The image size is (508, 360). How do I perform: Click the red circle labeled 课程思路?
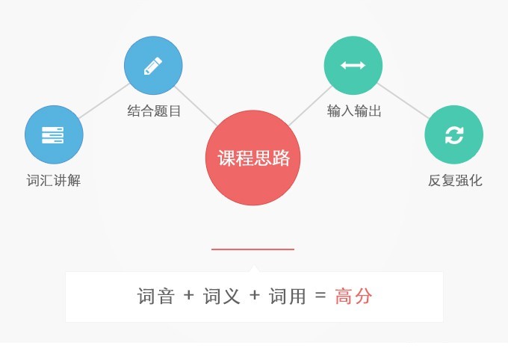(x=253, y=158)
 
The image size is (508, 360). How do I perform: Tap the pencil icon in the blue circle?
(x=153, y=66)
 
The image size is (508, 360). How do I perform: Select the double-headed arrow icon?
(x=353, y=66)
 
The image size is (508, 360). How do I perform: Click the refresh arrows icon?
(x=454, y=134)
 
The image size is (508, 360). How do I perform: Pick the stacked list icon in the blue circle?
(x=53, y=134)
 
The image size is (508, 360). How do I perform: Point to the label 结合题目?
(x=154, y=111)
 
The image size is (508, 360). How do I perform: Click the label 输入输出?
(x=354, y=111)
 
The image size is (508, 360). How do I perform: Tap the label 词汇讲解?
(x=54, y=181)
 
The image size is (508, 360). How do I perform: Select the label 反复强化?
(x=455, y=181)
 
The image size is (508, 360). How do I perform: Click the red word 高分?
(x=353, y=297)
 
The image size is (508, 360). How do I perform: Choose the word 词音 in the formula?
(x=156, y=297)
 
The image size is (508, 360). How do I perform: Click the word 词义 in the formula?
(x=222, y=297)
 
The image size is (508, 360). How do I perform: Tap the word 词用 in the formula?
(x=288, y=297)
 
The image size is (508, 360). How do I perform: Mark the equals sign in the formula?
(x=320, y=295)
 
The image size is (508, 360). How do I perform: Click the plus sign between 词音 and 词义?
(x=188, y=295)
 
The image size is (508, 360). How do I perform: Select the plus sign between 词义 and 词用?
(x=255, y=295)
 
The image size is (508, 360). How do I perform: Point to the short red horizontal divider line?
(x=253, y=249)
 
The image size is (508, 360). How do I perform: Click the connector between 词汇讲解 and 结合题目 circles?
(x=105, y=101)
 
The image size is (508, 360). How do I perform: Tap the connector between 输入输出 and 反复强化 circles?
(x=403, y=101)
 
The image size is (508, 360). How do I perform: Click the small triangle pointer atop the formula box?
(x=254, y=269)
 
